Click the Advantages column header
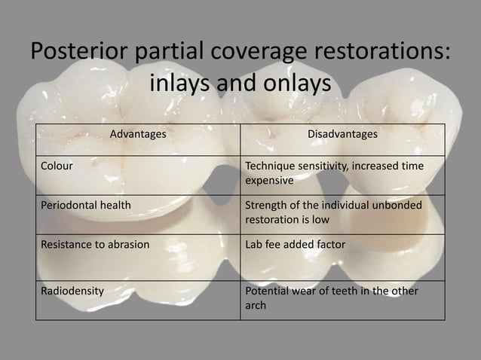(138, 134)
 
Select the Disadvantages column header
(342, 134)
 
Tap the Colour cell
(57, 166)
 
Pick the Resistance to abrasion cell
(95, 244)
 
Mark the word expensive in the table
(270, 181)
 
